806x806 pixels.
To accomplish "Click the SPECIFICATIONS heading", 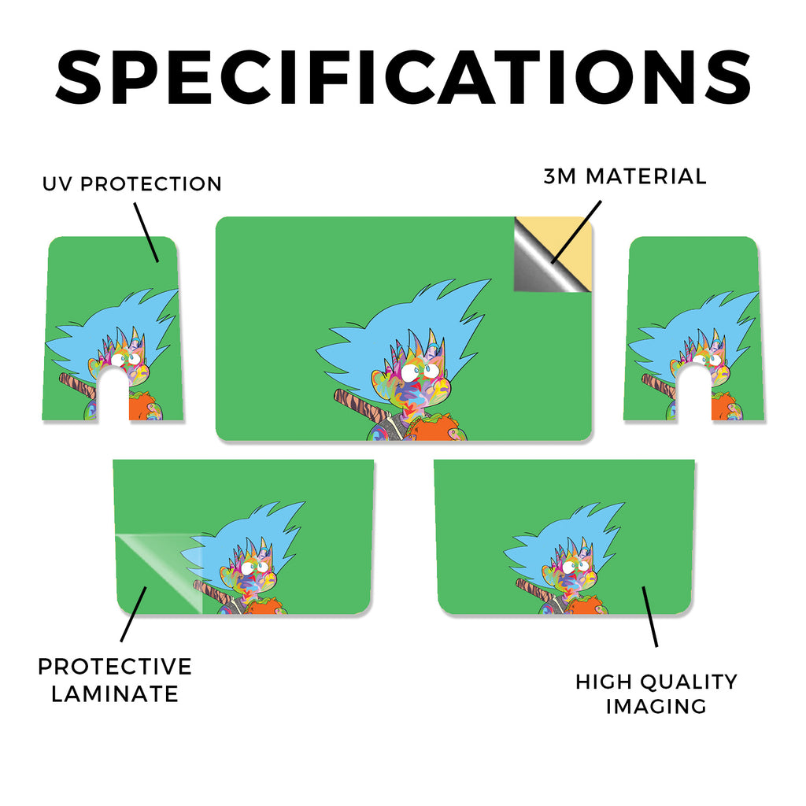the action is tap(403, 77).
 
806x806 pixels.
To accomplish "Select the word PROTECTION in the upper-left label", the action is tap(151, 184).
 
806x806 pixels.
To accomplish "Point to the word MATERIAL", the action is tap(646, 176).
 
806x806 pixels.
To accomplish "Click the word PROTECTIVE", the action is tap(115, 667).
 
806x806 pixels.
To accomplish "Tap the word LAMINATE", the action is tap(115, 694).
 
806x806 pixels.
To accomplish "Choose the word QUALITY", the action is tap(690, 682).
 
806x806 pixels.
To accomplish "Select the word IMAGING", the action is tap(656, 706).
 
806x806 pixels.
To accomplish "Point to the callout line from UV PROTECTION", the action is tap(146, 232).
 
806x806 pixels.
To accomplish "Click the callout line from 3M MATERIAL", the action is tap(576, 232).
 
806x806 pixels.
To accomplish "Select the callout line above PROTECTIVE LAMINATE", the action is tap(134, 614).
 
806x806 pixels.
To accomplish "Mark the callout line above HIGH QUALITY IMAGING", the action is tap(649, 616).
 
